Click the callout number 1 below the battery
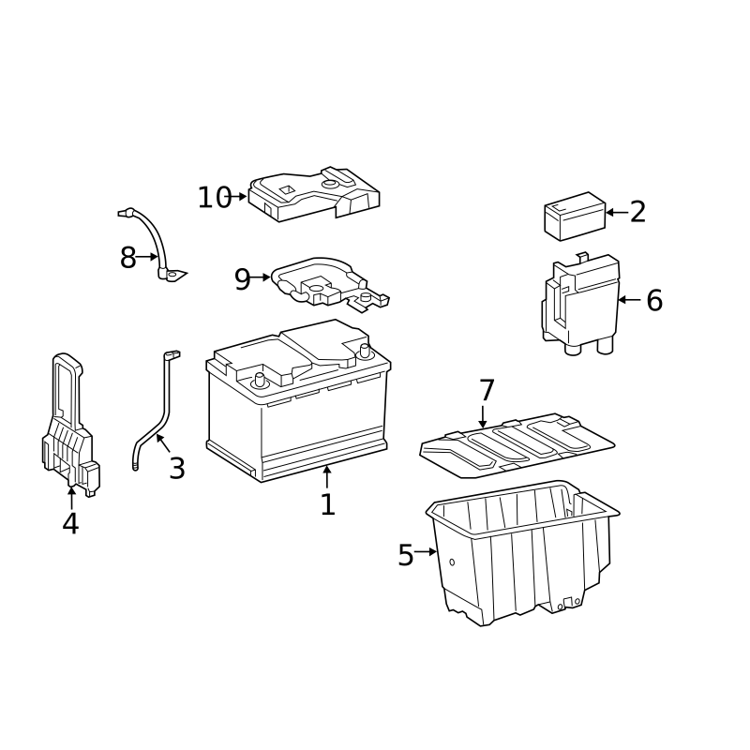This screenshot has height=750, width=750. (327, 504)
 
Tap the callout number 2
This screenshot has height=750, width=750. (637, 212)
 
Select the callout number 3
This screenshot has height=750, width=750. (177, 468)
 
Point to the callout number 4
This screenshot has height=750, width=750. (70, 523)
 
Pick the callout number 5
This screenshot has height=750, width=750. (406, 555)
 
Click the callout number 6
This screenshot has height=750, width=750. (654, 300)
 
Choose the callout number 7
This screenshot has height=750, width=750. (487, 390)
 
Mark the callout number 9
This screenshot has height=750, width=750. (242, 279)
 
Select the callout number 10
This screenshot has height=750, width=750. (215, 197)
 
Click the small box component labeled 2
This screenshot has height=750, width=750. (575, 217)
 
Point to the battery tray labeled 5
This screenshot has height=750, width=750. (522, 552)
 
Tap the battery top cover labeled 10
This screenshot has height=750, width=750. (314, 194)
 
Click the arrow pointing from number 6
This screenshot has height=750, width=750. (629, 300)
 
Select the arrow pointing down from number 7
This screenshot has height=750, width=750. (483, 416)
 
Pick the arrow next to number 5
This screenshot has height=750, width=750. (426, 551)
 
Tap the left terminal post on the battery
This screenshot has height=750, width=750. (260, 380)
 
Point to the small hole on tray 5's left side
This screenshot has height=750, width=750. (452, 562)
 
